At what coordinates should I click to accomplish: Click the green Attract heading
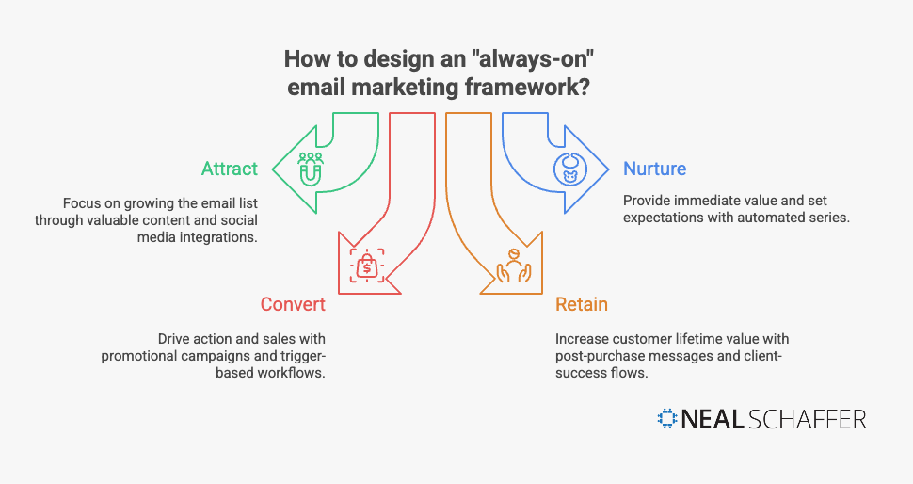point(229,169)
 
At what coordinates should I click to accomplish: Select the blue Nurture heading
point(654,169)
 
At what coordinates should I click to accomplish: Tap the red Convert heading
point(293,304)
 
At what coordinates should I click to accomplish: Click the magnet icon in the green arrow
point(312,169)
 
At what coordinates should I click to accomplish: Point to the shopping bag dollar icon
point(366,266)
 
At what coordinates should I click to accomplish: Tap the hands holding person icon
point(515,266)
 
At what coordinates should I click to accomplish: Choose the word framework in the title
point(533,89)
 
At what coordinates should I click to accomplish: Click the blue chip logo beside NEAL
point(667,419)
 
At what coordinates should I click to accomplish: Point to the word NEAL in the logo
point(713,419)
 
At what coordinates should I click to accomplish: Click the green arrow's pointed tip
point(275,170)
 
